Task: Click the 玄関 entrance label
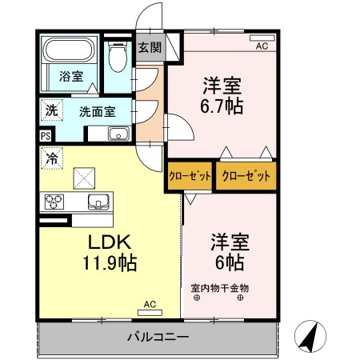click(x=149, y=47)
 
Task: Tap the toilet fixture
click(x=118, y=56)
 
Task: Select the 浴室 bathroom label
click(x=70, y=77)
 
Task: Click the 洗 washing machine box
click(x=50, y=110)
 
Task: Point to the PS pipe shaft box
click(x=45, y=135)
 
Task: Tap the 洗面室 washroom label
click(x=94, y=113)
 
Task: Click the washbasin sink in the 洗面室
click(x=118, y=134)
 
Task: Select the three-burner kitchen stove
click(x=54, y=202)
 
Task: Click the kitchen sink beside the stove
click(x=97, y=201)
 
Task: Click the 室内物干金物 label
click(x=220, y=287)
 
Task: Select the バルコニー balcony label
click(x=157, y=336)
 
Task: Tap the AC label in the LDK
click(x=150, y=304)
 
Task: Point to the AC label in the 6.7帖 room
click(x=262, y=46)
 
